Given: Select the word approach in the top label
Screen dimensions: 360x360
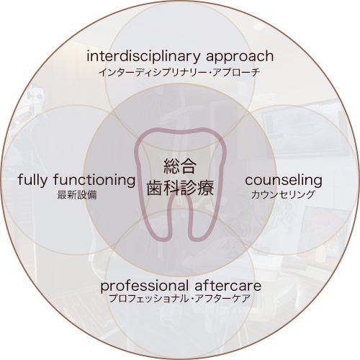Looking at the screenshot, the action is pyautogui.click(x=240, y=57).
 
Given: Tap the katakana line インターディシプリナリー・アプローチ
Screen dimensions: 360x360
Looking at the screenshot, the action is pyautogui.click(x=179, y=72).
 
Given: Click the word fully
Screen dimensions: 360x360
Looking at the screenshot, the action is pyautogui.click(x=32, y=181).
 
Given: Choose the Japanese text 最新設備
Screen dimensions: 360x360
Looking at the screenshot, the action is pyautogui.click(x=77, y=195).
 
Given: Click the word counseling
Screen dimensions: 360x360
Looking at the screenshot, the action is pyautogui.click(x=284, y=181).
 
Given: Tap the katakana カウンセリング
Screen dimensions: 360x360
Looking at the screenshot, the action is pyautogui.click(x=283, y=194).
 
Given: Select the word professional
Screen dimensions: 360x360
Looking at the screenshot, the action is pyautogui.click(x=145, y=287).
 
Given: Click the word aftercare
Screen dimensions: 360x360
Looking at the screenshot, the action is pyautogui.click(x=228, y=286).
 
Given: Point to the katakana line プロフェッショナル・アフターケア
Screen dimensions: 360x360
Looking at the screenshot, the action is pyautogui.click(x=179, y=299).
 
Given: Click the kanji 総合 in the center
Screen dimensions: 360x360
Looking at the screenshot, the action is pyautogui.click(x=180, y=166).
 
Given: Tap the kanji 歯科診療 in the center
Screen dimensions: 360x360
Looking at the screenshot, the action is pyautogui.click(x=180, y=188).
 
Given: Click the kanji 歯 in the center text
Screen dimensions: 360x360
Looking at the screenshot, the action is pyautogui.click(x=155, y=188).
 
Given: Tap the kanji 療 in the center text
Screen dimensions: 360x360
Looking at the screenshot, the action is pyautogui.click(x=205, y=188).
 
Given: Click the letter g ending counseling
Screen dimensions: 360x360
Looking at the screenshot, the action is pyautogui.click(x=318, y=183).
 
